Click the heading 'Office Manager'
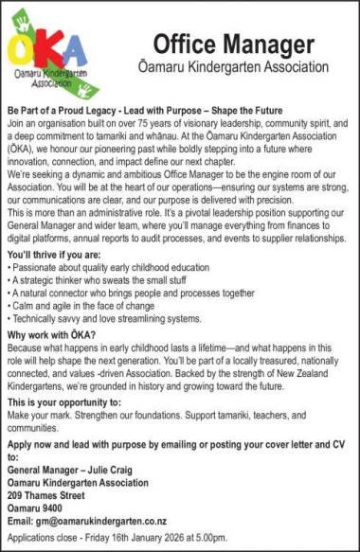coord(233,44)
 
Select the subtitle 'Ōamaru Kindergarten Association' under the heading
coord(233,68)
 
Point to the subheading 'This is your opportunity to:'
coord(64,402)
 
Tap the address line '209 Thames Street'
coord(52,494)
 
